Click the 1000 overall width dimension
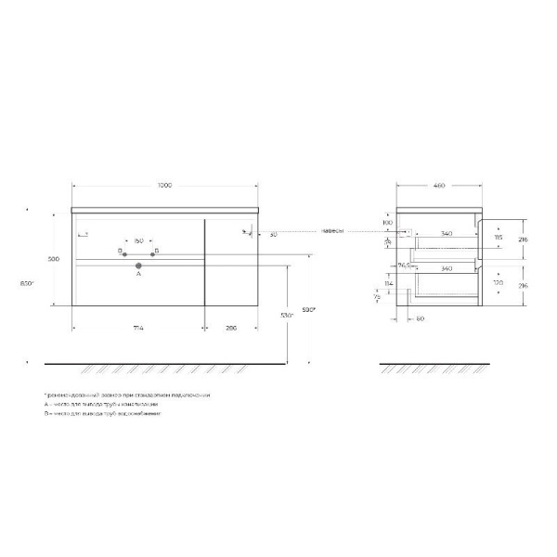164,186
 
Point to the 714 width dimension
137,328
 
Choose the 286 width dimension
231,328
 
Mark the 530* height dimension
287,317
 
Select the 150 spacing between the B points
137,241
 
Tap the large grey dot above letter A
138,265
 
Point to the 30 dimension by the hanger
272,234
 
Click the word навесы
334,230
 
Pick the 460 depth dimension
439,186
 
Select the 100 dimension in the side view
387,224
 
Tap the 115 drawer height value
499,237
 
